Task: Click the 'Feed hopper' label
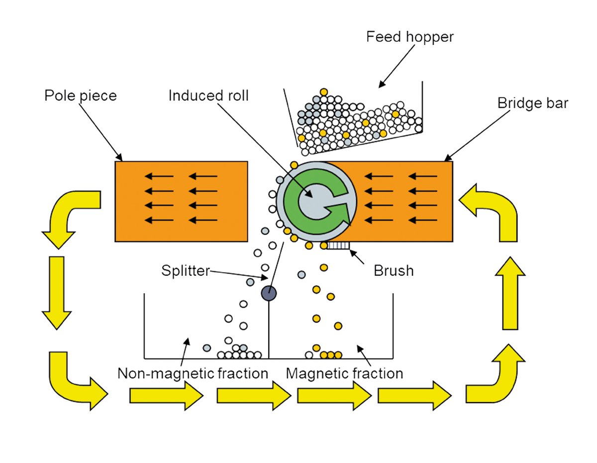[410, 37]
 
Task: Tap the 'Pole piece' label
[80, 95]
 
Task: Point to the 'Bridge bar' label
[532, 103]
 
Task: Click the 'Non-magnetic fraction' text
[193, 373]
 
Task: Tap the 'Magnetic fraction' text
[345, 373]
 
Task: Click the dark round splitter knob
[269, 293]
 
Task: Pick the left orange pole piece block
[181, 201]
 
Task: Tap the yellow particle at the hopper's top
[324, 92]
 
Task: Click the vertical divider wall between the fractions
[269, 331]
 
